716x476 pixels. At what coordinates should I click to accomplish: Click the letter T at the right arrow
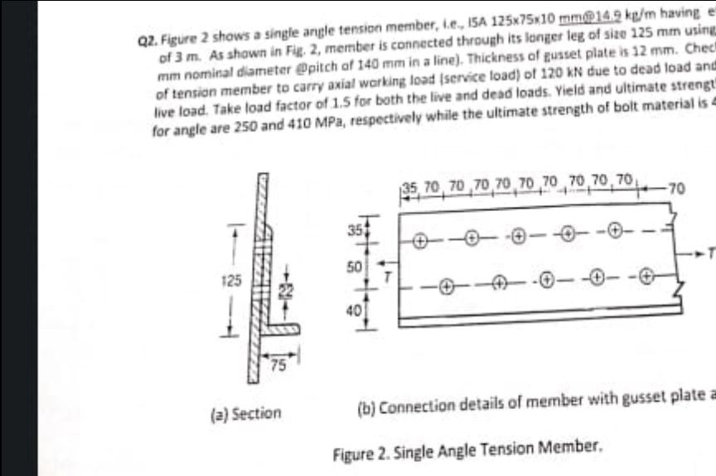(710, 251)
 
